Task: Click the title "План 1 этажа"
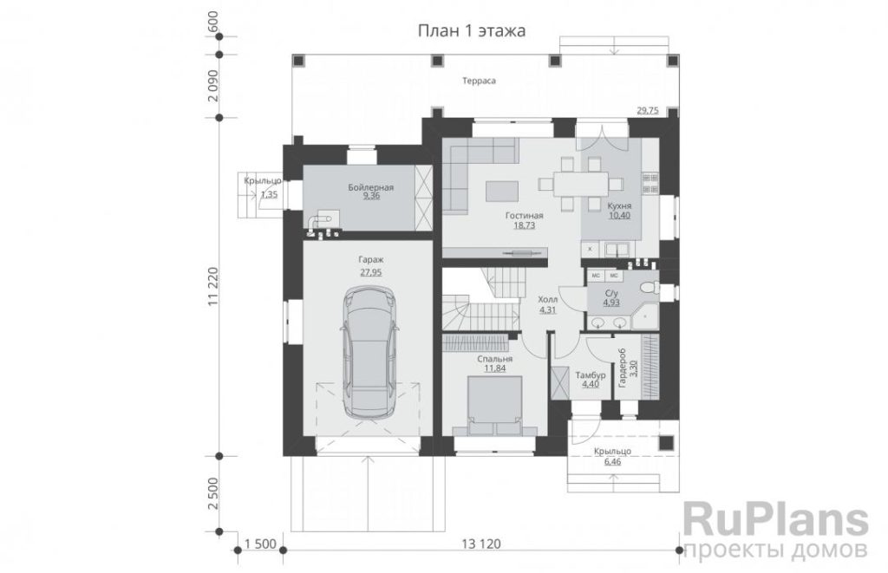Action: pos(471,30)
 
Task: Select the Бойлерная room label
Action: pos(371,187)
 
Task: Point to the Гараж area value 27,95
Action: pos(371,272)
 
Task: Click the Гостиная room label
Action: pos(525,216)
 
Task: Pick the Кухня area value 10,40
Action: pos(619,216)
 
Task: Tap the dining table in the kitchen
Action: pos(580,184)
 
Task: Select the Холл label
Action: pos(548,300)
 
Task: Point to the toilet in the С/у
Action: pos(649,288)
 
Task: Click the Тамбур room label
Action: pos(591,375)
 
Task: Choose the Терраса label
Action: pos(479,81)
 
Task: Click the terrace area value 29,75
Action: pos(648,110)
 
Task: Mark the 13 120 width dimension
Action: pos(481,544)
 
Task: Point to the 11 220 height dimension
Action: pos(213,286)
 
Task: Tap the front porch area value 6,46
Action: pos(613,462)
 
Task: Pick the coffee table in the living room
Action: pos(502,191)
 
